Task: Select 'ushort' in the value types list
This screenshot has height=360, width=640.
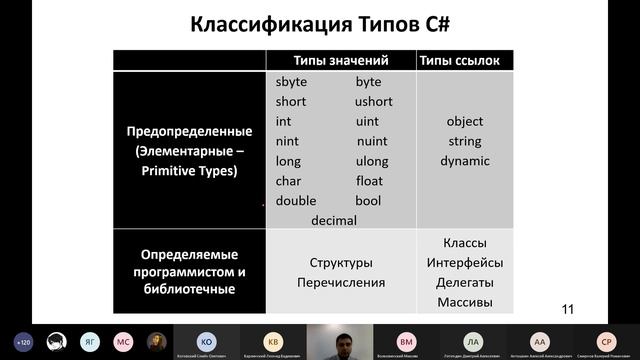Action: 374,102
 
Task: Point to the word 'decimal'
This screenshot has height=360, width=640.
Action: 334,220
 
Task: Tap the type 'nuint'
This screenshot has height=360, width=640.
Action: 371,141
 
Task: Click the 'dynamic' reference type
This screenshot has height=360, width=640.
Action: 465,161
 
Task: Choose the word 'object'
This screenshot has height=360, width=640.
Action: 465,122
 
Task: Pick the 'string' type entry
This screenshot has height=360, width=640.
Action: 465,142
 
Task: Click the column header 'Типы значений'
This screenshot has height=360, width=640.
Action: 340,60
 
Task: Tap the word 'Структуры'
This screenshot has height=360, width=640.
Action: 341,263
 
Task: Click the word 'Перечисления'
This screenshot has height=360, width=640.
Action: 341,283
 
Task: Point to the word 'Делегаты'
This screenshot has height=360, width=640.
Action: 464,283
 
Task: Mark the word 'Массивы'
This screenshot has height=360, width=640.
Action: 464,303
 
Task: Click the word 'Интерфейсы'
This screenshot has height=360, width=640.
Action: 464,263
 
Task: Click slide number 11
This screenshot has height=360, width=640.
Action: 568,309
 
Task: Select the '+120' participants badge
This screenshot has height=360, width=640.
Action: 23,341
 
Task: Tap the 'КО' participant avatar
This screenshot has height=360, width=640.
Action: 206,340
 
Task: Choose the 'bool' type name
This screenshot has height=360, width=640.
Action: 368,201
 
